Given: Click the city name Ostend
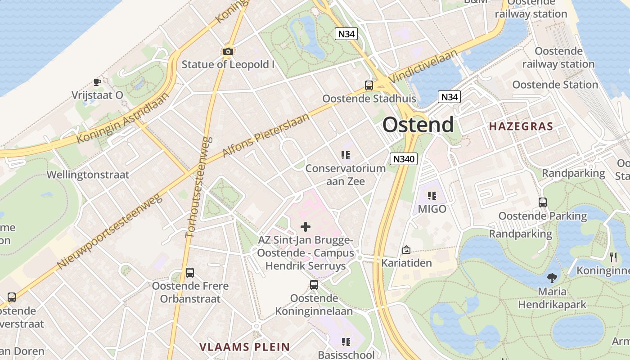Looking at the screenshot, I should coord(418,125).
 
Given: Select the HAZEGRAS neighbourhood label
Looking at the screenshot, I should coord(521,126).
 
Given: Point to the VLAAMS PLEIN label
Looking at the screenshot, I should coord(244,346).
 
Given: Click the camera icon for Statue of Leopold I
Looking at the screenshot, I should coord(228,52).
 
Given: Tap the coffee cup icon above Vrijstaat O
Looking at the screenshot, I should coord(97,82).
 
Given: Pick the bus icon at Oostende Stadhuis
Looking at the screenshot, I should coord(369,85).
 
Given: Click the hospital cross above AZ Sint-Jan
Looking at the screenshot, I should coord(306,226).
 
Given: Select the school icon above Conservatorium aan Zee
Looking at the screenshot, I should coord(346,156).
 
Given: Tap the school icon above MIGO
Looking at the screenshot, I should coord(432,196).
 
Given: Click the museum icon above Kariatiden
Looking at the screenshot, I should coord(406,250).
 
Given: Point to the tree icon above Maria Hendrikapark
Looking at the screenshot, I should coord(552,278).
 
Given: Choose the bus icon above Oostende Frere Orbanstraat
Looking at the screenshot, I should coord(190,273).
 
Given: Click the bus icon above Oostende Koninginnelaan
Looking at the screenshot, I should coord(314,285).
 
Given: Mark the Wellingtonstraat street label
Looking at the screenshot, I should coord(88,175).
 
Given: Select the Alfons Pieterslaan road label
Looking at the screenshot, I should coord(266,136).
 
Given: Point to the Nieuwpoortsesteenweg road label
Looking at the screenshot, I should coord(109,232).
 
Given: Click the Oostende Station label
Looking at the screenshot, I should coord(555,85).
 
